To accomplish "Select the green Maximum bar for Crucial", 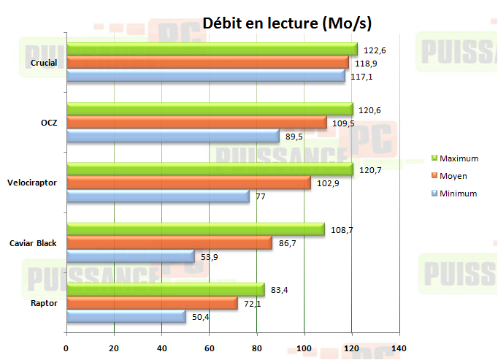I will coord(212,50).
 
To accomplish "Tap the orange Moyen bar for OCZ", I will coord(196,123).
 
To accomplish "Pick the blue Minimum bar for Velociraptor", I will coord(158,196).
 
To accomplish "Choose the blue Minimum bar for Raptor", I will coord(126,316).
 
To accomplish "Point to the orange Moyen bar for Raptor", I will coord(152,303).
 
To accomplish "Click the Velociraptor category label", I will coord(33,183).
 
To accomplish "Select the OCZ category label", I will coord(50,123).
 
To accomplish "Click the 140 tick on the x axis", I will coord(399,348).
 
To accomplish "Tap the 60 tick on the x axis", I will coord(209,348).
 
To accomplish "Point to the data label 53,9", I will coord(211,256).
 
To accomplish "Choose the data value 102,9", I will coord(327,183).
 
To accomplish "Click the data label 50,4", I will coord(202,316).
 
